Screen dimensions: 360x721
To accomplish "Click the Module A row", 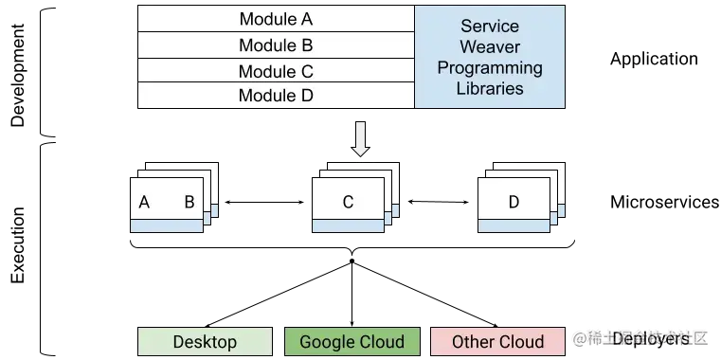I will tap(276, 19).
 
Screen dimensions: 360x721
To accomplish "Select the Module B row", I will tap(276, 45).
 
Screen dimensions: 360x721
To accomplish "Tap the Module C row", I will tap(276, 71).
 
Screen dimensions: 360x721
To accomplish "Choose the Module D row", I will tap(276, 96).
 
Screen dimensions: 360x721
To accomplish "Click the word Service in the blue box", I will tap(490, 27).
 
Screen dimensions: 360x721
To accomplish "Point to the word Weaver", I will tap(490, 47).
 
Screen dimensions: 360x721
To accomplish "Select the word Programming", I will tap(490, 68).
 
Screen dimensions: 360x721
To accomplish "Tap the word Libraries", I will tap(490, 88).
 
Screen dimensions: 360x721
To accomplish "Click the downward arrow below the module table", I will tap(360, 138).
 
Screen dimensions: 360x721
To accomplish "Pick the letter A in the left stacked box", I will tap(145, 202).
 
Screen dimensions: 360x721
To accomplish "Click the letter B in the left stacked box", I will tap(189, 202).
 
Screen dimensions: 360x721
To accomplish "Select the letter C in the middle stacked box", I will tap(348, 202).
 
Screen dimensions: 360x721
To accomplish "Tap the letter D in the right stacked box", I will tap(514, 202).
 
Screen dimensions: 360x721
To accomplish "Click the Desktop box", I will tap(206, 342).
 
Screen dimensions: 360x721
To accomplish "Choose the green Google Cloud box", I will tap(351, 342).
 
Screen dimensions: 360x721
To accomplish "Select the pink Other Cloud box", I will tap(497, 342).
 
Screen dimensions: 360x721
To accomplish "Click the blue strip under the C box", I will tap(348, 225).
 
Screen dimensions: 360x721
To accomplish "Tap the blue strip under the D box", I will tap(514, 225).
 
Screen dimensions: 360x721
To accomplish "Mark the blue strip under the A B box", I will tap(167, 225).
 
